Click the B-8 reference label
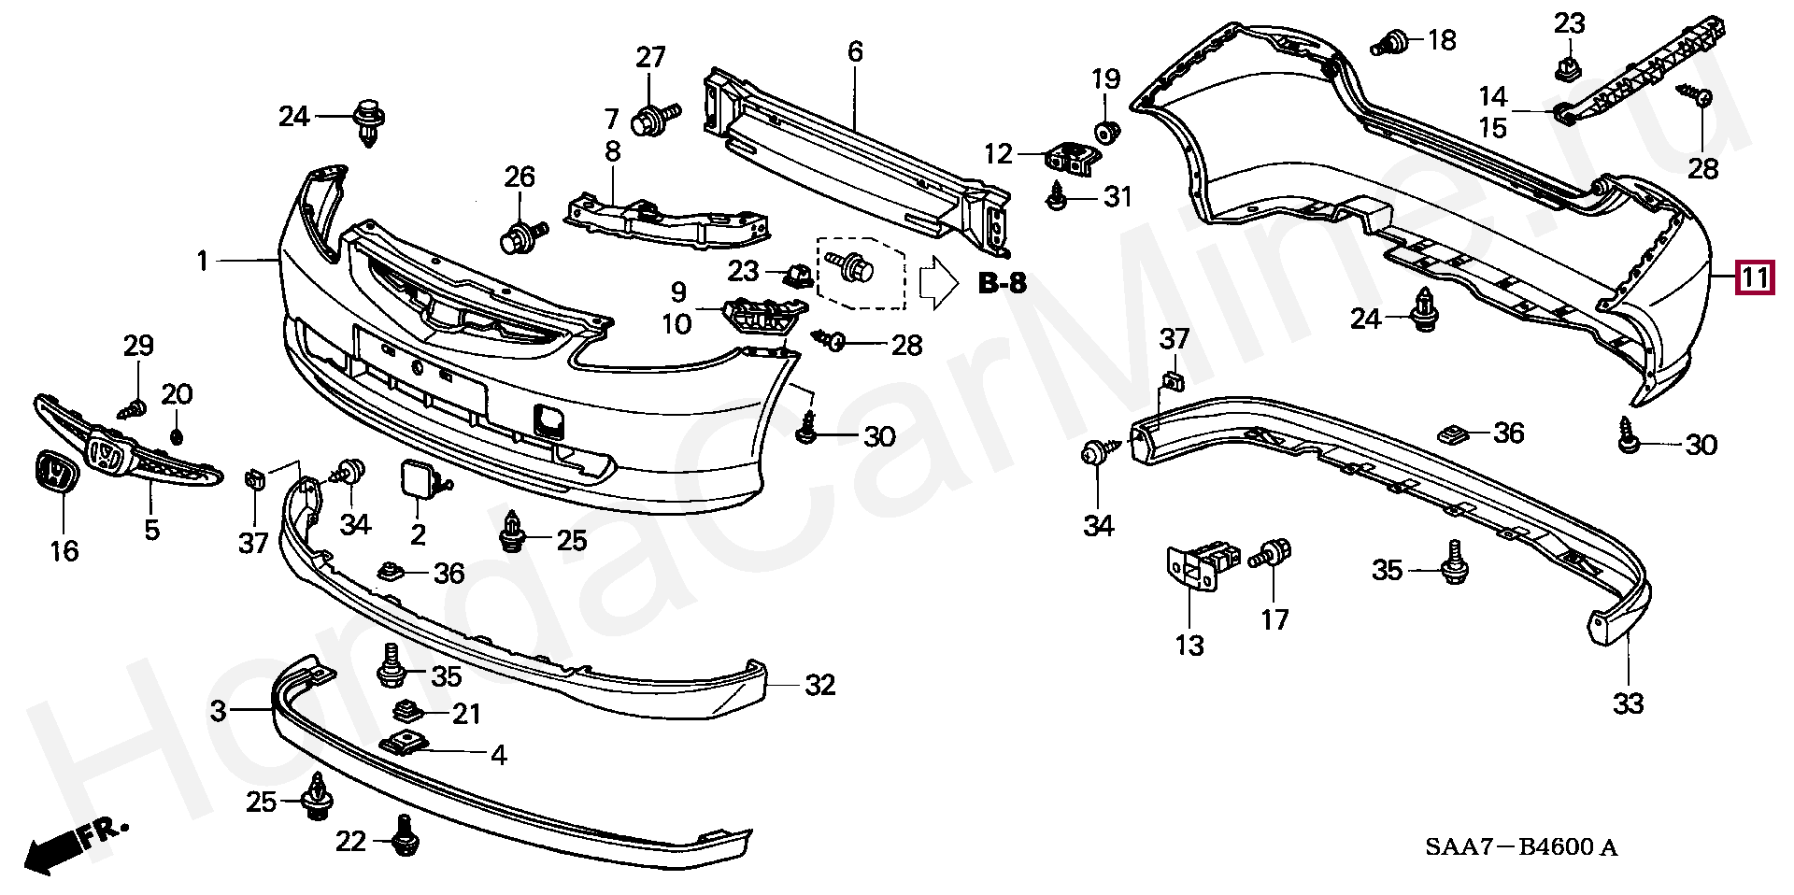(1003, 282)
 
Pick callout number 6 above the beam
(855, 51)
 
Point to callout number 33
(1628, 703)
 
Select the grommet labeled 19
(1106, 131)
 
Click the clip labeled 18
(1392, 42)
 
